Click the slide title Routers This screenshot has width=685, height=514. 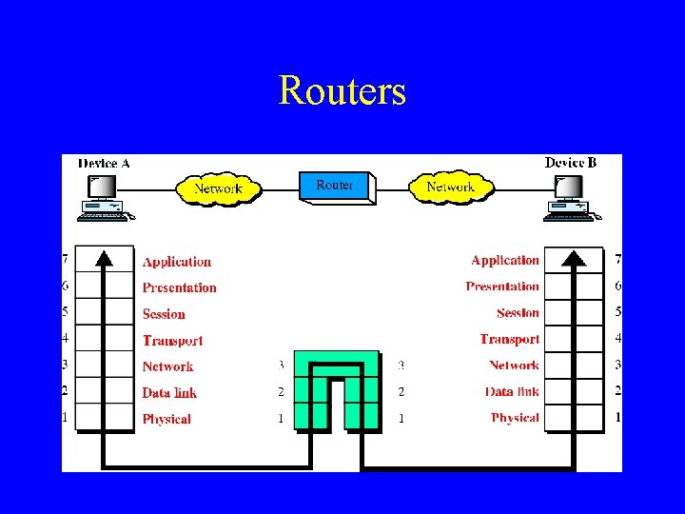click(342, 91)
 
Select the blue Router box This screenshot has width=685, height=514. click(335, 186)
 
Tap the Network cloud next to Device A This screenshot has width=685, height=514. click(218, 188)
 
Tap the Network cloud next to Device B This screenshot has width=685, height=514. click(450, 187)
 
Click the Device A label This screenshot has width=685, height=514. click(104, 163)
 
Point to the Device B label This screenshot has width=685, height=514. click(571, 163)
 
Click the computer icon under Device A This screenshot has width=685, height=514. click(104, 198)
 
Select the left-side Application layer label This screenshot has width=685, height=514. click(177, 262)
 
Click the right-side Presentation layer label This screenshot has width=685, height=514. click(502, 287)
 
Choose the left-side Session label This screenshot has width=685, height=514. click(164, 314)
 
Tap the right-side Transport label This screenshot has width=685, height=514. click(510, 339)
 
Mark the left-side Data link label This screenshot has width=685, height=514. click(169, 392)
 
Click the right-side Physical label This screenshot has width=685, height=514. click(515, 417)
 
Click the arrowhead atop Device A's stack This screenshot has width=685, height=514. click(104, 256)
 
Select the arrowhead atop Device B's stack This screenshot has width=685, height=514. click(575, 256)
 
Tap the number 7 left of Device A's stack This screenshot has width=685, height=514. click(66, 260)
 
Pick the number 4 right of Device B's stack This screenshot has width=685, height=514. click(617, 338)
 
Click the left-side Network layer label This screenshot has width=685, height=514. click(167, 366)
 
